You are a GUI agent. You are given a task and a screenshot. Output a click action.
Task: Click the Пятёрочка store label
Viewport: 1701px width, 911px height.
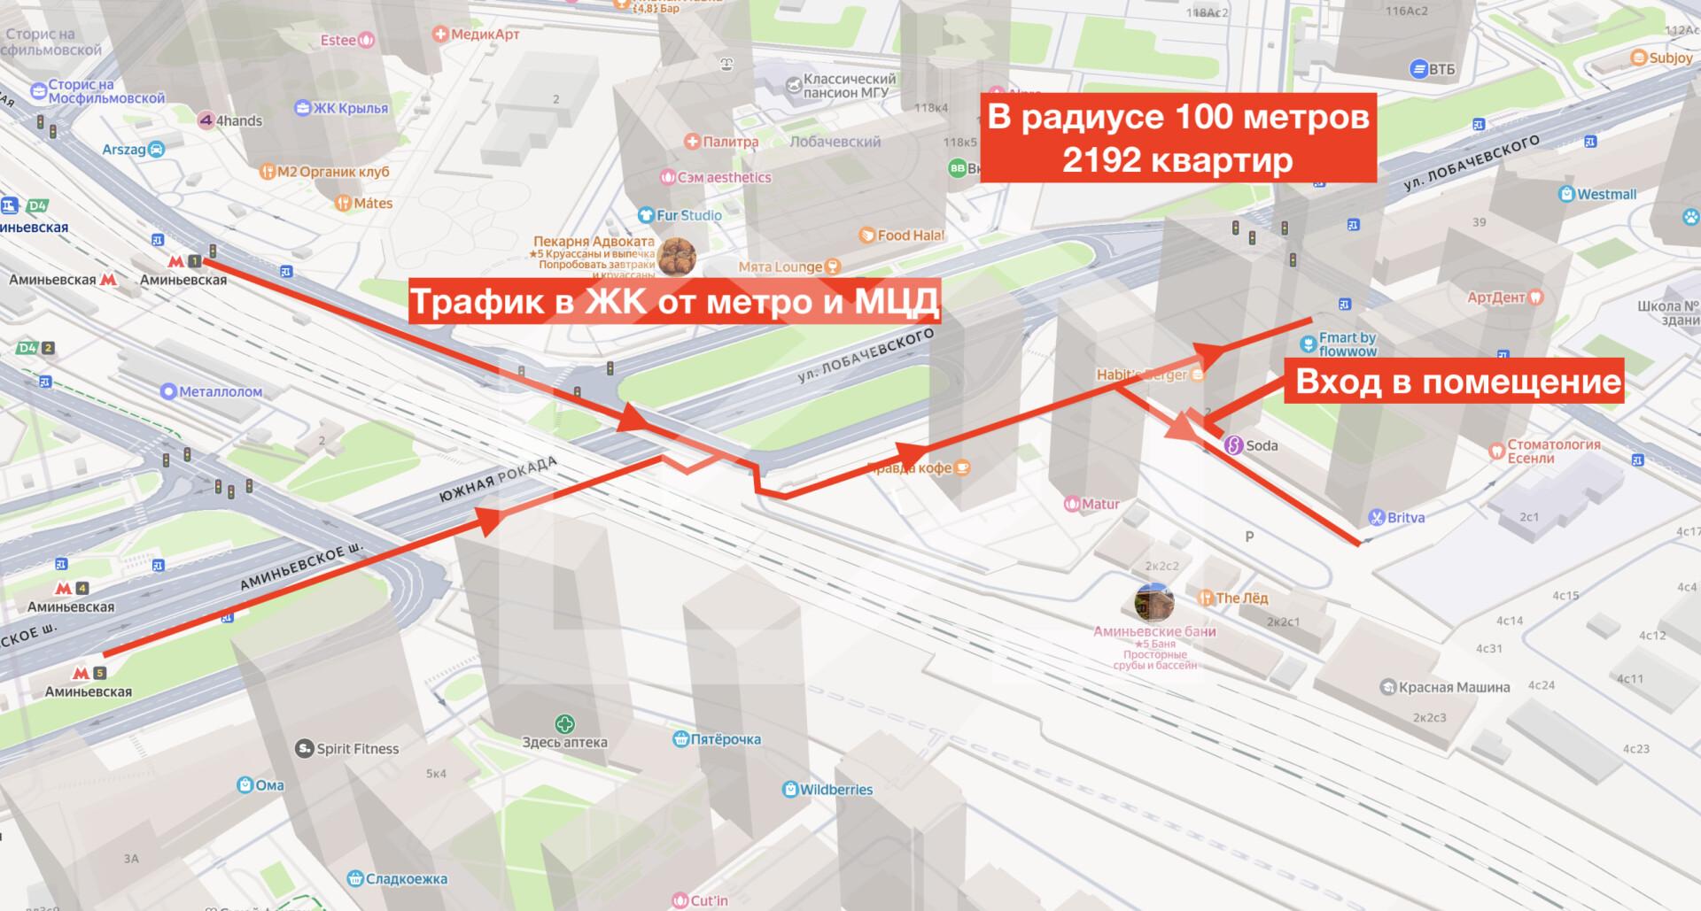726,739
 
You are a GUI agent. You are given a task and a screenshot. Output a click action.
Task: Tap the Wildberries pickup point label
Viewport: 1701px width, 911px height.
837,789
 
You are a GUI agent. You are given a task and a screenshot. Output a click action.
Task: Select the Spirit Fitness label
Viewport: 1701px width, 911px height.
357,749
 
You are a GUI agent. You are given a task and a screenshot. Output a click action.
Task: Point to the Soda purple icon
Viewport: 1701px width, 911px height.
1233,445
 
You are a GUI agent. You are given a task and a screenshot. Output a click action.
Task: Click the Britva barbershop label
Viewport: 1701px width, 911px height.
1405,517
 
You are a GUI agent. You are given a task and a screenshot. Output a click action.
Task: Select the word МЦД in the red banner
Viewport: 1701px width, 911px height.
896,302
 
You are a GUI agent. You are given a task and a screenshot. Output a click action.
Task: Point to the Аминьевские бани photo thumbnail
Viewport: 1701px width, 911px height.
1154,603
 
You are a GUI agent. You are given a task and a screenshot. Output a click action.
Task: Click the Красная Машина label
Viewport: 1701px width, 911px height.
1454,687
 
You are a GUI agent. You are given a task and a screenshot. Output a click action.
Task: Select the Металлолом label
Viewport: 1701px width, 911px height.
221,391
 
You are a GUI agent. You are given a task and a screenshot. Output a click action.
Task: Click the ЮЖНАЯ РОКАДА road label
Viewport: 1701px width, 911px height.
497,481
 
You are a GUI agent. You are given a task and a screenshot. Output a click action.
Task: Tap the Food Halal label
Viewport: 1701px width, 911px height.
911,235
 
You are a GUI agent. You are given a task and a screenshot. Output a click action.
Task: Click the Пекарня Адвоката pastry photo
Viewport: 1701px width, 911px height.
677,257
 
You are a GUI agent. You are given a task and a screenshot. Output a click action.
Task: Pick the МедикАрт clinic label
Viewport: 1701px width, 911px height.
485,35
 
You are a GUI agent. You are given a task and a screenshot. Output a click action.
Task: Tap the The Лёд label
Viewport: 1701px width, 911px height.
1241,598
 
